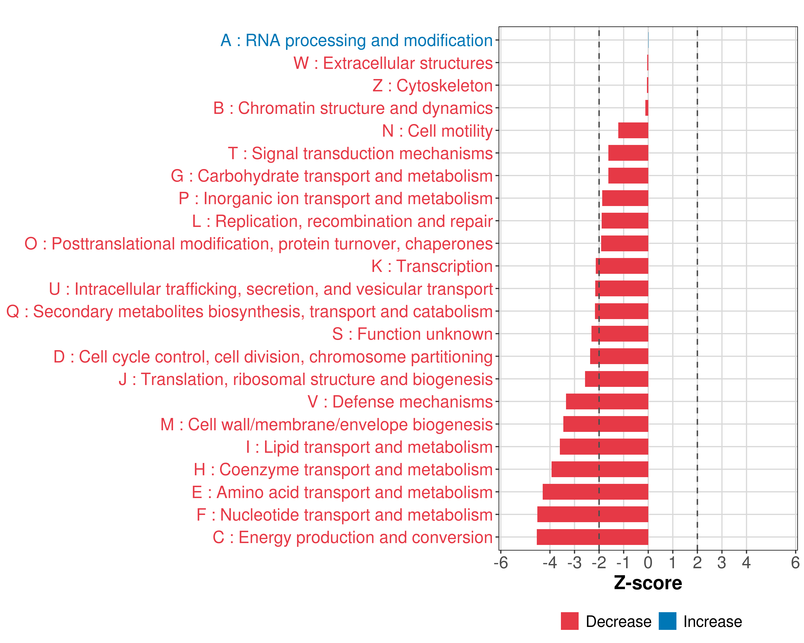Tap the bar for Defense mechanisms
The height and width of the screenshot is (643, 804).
pos(607,401)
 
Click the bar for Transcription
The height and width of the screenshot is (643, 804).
pos(622,266)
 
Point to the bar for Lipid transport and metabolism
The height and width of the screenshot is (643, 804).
pos(604,447)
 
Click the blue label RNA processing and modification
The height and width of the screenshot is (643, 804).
pos(356,40)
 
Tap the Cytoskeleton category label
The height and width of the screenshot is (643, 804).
pos(433,85)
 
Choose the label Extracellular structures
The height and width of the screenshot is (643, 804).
pos(393,63)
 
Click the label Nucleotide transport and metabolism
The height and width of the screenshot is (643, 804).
pos(345,515)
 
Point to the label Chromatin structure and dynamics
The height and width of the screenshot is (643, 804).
pos(353,108)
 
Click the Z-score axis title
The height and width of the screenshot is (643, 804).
pos(648,583)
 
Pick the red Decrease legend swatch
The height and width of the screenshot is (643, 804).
pos(569,621)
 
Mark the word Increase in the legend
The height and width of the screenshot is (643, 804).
pos(713,622)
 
